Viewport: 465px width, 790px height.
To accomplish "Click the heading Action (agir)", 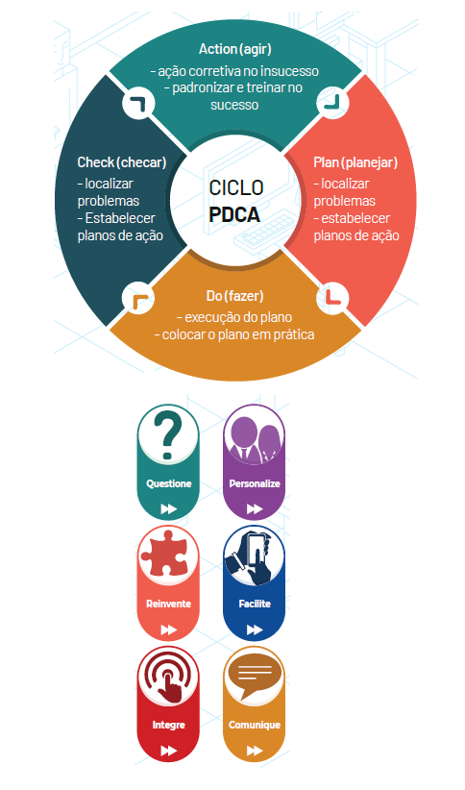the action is pos(234,49).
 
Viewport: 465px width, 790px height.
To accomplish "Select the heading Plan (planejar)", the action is pos(355,162).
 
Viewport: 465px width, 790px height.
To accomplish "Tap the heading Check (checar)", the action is pos(122,162).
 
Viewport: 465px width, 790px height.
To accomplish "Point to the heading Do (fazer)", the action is pos(234,296).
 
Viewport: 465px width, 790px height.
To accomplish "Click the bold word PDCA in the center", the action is pos(234,215).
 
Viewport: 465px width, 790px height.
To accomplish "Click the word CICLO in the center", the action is pos(235,188).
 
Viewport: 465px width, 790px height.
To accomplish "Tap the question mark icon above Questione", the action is pos(168,435).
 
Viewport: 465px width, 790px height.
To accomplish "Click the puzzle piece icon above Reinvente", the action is pos(164,555).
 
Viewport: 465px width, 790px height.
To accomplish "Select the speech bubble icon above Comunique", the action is pos(255,679).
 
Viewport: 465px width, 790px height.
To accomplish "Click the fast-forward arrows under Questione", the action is pos(168,509).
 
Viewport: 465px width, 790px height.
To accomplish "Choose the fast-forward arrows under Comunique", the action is pos(255,751).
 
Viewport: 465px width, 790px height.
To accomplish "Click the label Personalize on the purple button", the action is pos(255,483).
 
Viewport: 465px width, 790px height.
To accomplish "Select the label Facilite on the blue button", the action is pos(255,604).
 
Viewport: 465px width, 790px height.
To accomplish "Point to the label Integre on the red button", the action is pos(168,725).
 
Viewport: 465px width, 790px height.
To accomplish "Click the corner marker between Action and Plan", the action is pos(332,103).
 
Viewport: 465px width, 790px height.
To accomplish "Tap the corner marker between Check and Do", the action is pos(138,298).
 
